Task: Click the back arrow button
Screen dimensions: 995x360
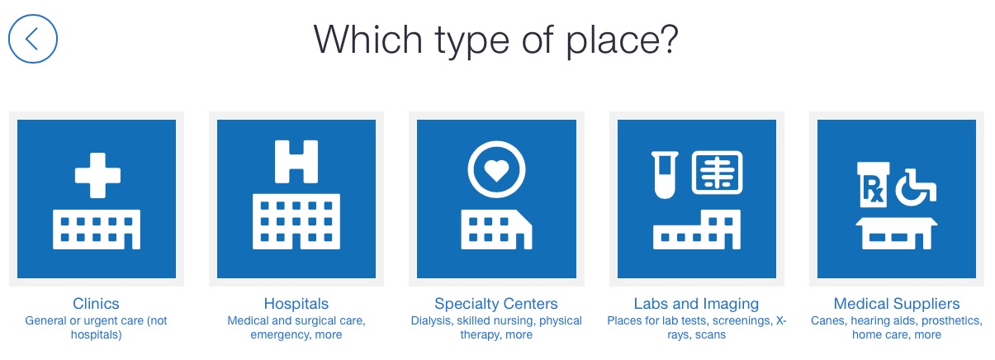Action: [33, 39]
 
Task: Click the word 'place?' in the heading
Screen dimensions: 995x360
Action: [622, 41]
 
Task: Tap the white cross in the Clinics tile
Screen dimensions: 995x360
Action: [97, 176]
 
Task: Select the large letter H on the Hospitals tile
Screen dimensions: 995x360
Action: [296, 162]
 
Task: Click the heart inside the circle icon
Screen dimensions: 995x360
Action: [496, 170]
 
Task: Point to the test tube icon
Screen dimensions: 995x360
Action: [665, 175]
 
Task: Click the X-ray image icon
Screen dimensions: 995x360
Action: [717, 173]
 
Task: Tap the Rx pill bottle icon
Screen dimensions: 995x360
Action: [874, 185]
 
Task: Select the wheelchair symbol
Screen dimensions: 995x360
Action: [916, 187]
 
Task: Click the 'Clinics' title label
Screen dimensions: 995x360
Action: [96, 304]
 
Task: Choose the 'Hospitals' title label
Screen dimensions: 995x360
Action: [296, 304]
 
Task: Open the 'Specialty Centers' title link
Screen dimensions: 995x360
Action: [496, 304]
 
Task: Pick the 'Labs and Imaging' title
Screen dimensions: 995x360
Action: [696, 304]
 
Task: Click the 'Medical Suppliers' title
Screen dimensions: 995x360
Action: [897, 304]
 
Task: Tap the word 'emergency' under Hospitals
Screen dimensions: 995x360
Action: [281, 334]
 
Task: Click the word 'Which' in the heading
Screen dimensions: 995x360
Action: [368, 40]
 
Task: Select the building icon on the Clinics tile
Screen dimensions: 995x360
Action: [97, 230]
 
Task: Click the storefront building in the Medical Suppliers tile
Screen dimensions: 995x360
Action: [897, 234]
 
